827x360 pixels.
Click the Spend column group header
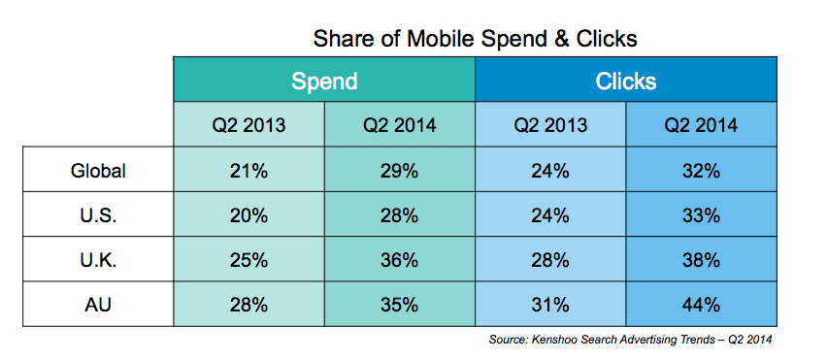(x=324, y=79)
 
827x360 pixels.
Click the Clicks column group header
(x=625, y=79)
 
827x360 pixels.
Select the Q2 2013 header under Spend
(x=248, y=124)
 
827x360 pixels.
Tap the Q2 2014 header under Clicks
(x=702, y=124)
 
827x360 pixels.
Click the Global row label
(x=98, y=169)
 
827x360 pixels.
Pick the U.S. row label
(x=98, y=214)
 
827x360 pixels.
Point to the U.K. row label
(x=98, y=259)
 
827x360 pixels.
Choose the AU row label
(x=98, y=304)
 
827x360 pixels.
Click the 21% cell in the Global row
(x=248, y=169)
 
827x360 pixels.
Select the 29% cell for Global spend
(x=400, y=169)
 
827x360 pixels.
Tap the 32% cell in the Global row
(x=702, y=169)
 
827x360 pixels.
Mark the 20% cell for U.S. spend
(x=248, y=214)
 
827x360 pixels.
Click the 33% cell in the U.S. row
(x=702, y=214)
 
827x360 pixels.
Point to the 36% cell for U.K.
(x=400, y=259)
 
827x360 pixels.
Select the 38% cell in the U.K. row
(x=702, y=259)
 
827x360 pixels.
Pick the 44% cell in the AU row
(x=702, y=304)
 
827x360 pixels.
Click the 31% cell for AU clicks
(x=550, y=304)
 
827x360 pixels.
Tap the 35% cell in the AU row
(x=400, y=304)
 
